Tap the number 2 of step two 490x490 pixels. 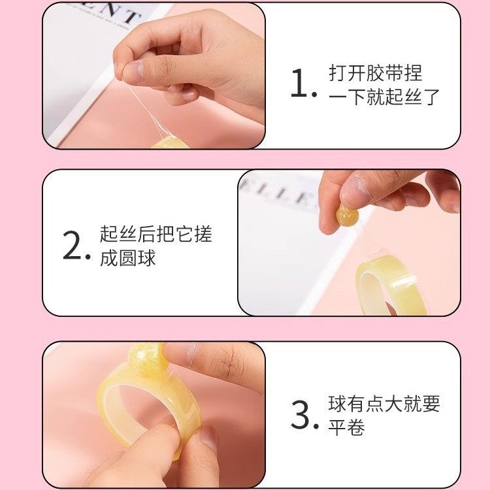[x=73, y=246]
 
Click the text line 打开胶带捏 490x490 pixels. [x=376, y=73]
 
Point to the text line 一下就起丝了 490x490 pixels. [x=384, y=97]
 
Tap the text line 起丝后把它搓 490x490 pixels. [x=156, y=234]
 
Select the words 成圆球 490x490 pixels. [x=128, y=258]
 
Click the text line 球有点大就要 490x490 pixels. [x=384, y=403]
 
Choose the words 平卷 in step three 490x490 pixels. [x=346, y=428]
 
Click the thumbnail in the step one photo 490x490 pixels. [x=133, y=71]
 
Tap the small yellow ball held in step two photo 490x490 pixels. [x=346, y=216]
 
